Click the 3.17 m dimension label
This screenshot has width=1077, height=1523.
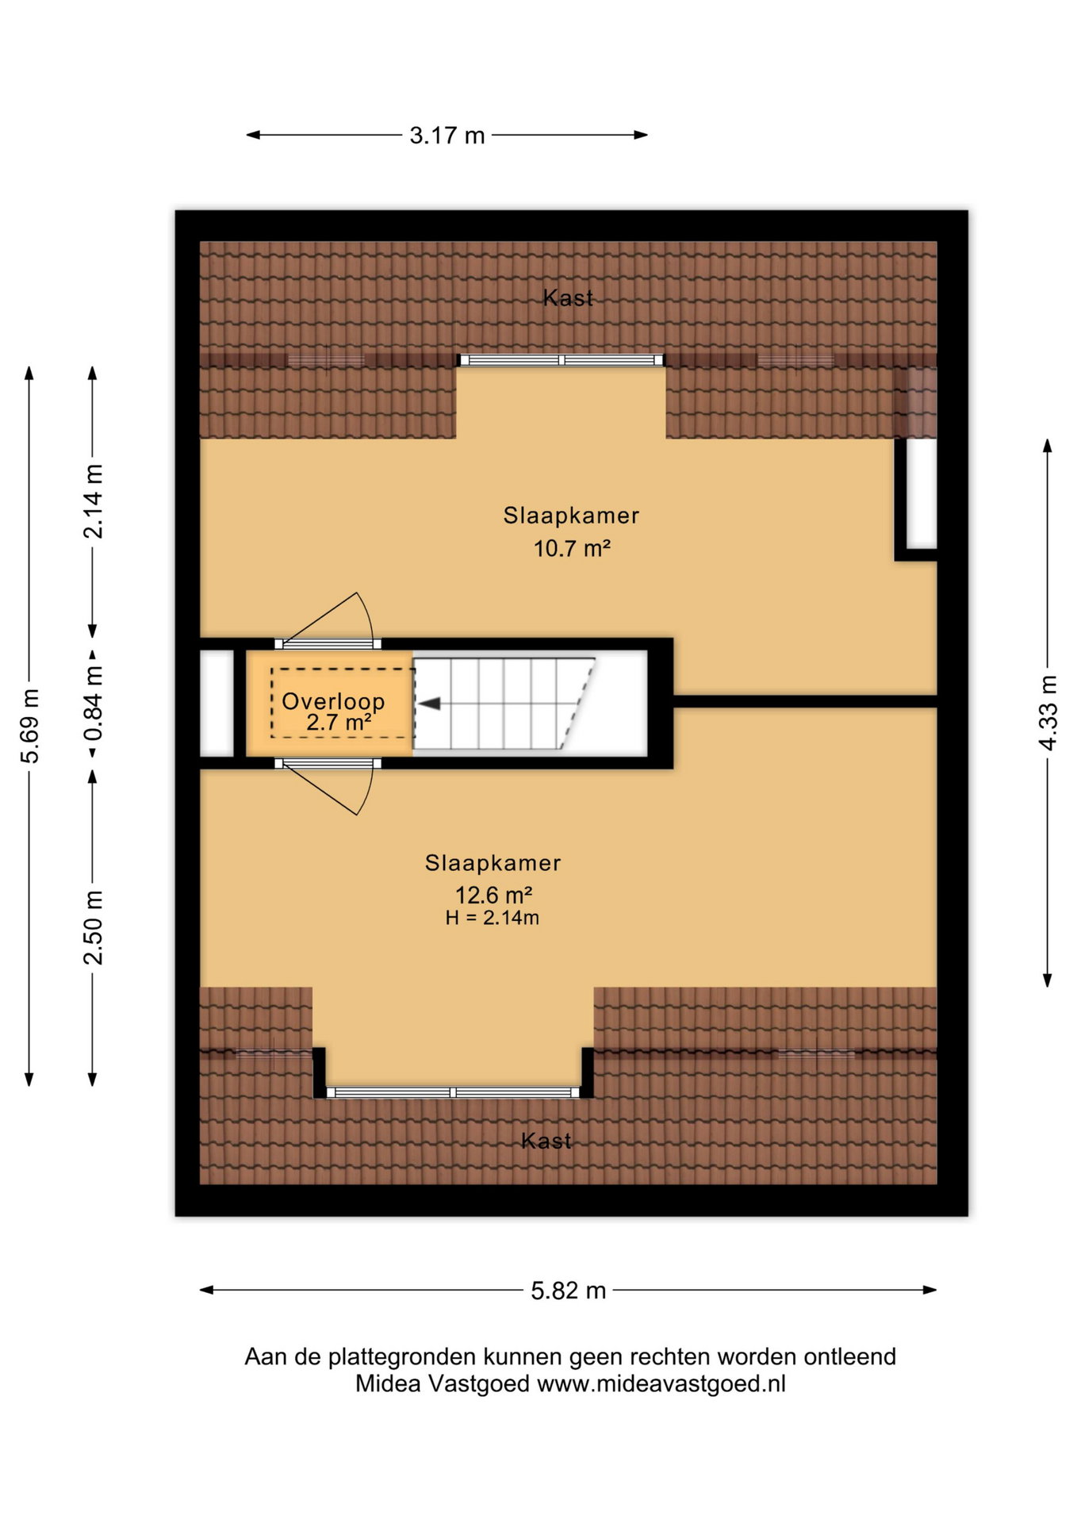447,136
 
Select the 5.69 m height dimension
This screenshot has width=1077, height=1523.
29,726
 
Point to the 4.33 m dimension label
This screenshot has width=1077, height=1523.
1048,712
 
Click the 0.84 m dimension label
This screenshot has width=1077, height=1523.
93,703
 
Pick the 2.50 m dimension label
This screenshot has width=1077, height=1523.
93,927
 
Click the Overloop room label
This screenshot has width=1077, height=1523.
333,701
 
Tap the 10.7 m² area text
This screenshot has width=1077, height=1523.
572,548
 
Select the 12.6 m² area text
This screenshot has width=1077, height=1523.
493,896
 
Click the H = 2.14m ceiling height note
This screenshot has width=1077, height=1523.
493,919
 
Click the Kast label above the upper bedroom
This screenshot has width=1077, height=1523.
568,298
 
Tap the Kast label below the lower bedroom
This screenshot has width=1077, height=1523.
546,1141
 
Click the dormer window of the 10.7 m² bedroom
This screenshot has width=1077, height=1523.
561,360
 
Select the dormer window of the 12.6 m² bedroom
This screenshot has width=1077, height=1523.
453,1092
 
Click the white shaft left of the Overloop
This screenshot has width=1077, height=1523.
217,703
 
